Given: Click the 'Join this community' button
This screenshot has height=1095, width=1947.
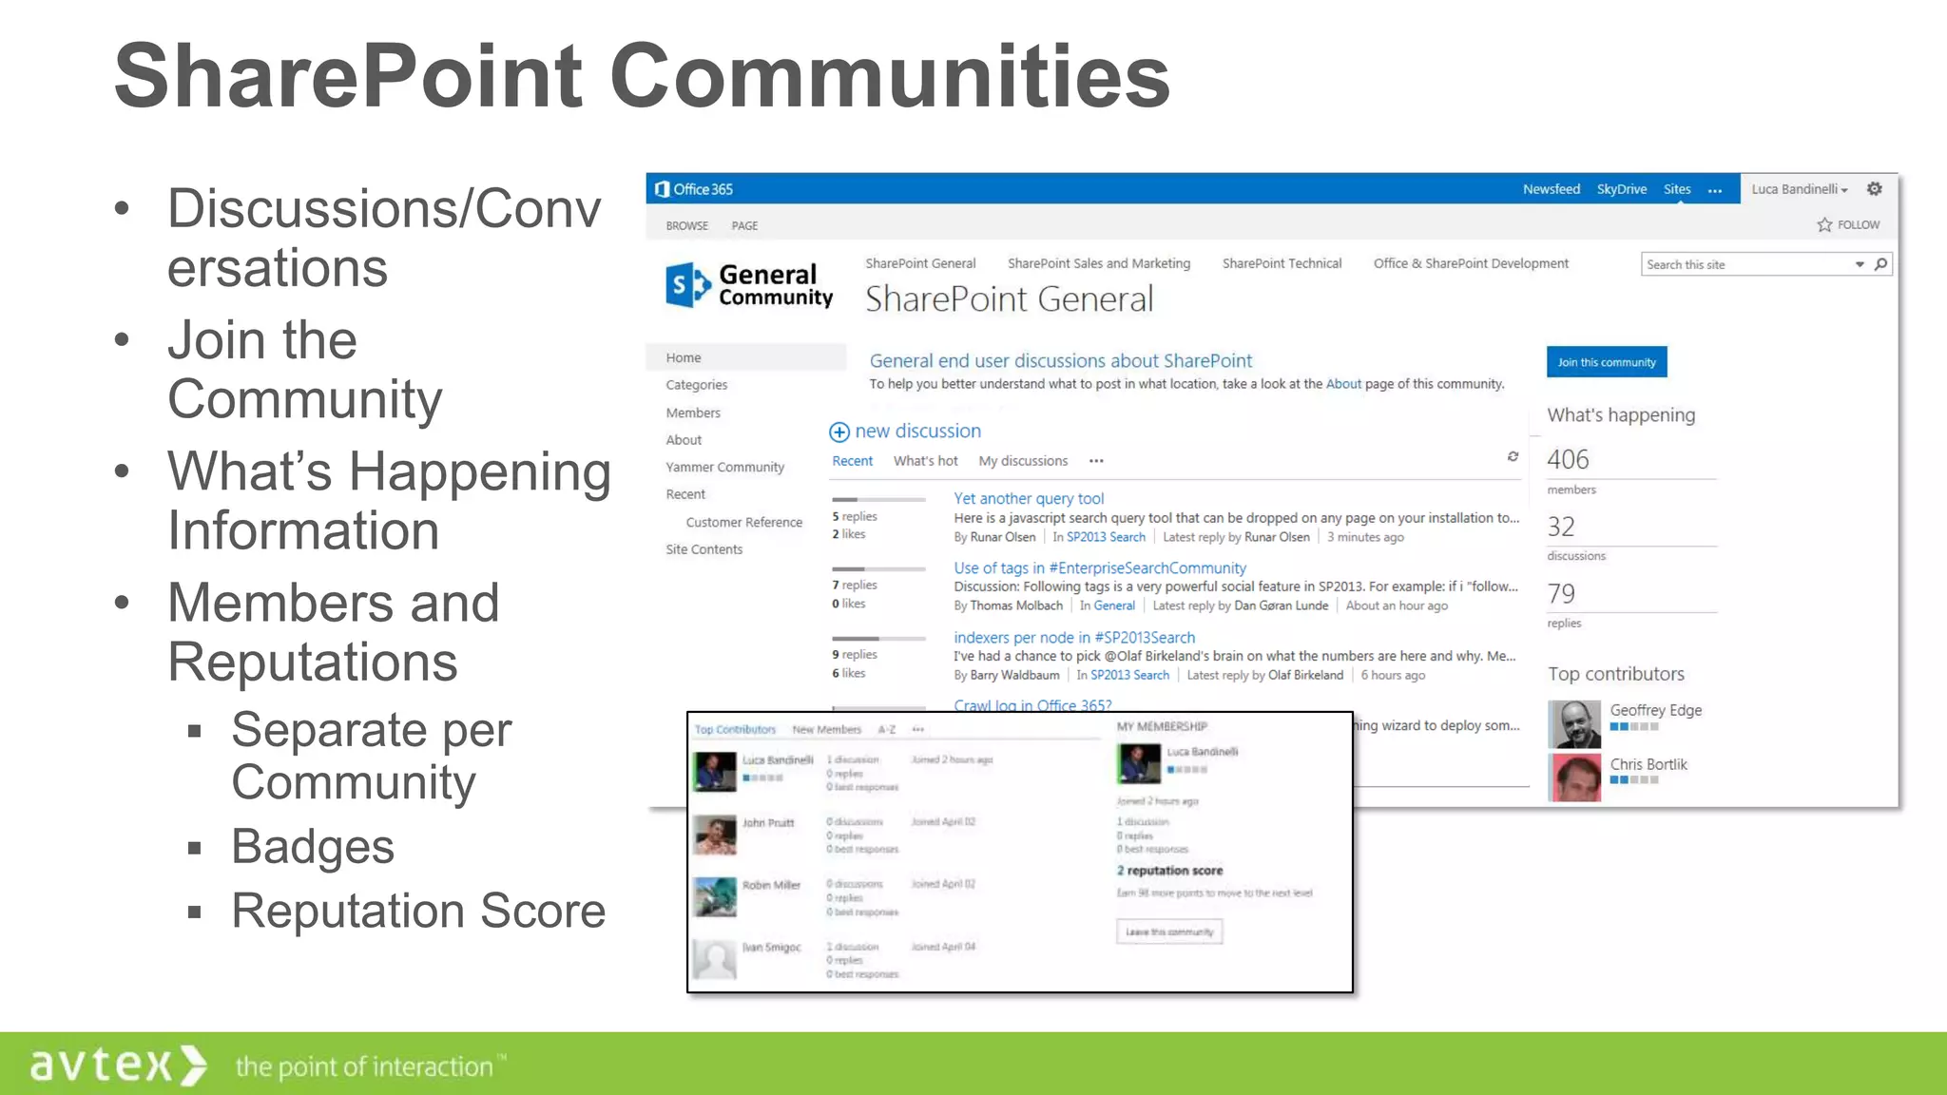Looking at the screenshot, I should [x=1606, y=362].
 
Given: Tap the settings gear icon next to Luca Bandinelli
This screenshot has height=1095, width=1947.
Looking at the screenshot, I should [x=1874, y=189].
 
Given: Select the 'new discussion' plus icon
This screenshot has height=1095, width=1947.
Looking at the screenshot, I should [x=839, y=432].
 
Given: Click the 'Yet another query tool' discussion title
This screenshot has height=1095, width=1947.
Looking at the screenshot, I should [x=1029, y=498].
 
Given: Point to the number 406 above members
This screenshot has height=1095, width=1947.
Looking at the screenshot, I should [x=1568, y=460].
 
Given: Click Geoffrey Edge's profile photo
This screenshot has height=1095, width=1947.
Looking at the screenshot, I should [x=1574, y=723].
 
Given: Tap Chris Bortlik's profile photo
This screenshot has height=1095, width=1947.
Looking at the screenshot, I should [x=1574, y=777].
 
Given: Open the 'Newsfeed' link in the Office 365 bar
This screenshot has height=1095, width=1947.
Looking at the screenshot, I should [x=1551, y=189].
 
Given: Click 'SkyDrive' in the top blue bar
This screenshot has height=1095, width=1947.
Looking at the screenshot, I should [x=1621, y=189].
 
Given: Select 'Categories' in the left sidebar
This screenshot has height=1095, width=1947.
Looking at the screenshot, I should [x=696, y=385].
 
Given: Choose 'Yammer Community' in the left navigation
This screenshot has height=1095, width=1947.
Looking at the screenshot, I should [x=724, y=467].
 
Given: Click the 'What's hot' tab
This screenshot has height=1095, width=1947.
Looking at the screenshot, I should [x=925, y=461].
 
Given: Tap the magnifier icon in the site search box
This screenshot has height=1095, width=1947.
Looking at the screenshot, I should [x=1880, y=264].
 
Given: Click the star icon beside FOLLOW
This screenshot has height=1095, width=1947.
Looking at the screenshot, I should [x=1824, y=225].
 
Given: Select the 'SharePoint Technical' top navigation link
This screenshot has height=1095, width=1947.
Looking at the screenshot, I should [x=1282, y=263].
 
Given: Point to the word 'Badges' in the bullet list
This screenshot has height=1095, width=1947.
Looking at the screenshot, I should [x=313, y=846].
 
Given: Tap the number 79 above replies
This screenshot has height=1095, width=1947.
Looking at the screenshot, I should [x=1561, y=594].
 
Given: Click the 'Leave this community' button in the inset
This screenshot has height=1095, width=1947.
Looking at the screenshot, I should [x=1168, y=932].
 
